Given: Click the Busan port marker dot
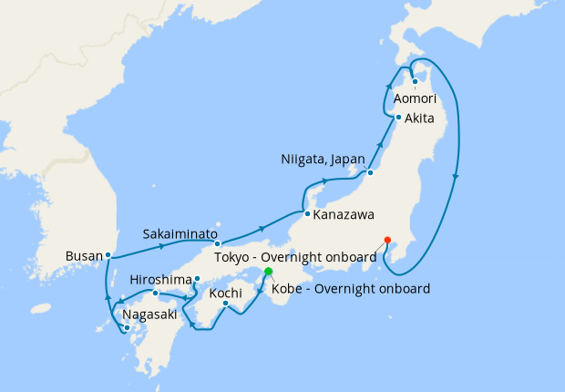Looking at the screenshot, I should click(x=108, y=255).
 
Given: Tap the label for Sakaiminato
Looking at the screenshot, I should click(x=179, y=233).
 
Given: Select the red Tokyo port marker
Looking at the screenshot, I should click(x=387, y=240).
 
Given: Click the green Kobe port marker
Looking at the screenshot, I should click(x=268, y=272).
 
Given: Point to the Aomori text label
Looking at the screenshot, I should click(x=416, y=98).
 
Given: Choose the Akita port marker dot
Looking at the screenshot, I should click(x=398, y=118).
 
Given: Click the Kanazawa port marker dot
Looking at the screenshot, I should click(x=307, y=214).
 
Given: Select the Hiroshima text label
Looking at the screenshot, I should click(x=160, y=279).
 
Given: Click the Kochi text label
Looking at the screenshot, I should click(x=225, y=294).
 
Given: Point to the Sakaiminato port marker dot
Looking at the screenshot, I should click(x=217, y=244).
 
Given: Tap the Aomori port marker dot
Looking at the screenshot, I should click(x=415, y=81).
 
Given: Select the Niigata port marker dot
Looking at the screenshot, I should click(x=371, y=172).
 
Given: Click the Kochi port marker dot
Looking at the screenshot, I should click(x=225, y=304).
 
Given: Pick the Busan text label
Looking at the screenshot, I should click(x=83, y=255).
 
